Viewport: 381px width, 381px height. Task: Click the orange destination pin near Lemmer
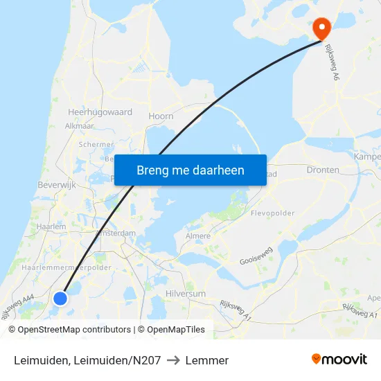tap(321, 27)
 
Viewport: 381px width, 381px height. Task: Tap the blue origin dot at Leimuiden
tap(60, 298)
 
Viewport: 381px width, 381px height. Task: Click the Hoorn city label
tap(161, 116)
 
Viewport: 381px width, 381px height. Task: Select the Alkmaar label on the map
tap(79, 126)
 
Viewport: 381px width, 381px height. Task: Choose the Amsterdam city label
tap(116, 233)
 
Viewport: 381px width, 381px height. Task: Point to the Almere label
tap(197, 236)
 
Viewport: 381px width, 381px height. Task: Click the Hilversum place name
tap(186, 294)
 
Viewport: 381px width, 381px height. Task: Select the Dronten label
tap(323, 170)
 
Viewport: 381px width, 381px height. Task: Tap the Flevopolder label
tap(273, 213)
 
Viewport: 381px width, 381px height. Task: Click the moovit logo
tap(339, 360)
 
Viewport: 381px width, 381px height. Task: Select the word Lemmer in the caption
tap(208, 360)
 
